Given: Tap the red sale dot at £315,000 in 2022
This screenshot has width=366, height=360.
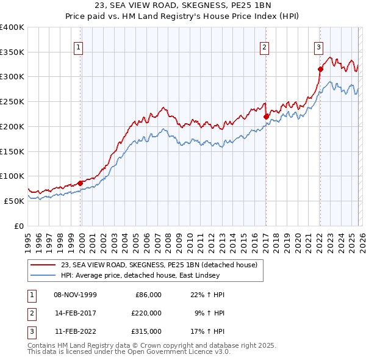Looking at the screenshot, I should (x=320, y=69).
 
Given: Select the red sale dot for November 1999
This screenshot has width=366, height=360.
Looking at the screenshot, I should (x=81, y=182).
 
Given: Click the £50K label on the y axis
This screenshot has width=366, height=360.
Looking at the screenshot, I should (x=13, y=201).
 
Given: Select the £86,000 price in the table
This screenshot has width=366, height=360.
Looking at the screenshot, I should (x=146, y=295).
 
